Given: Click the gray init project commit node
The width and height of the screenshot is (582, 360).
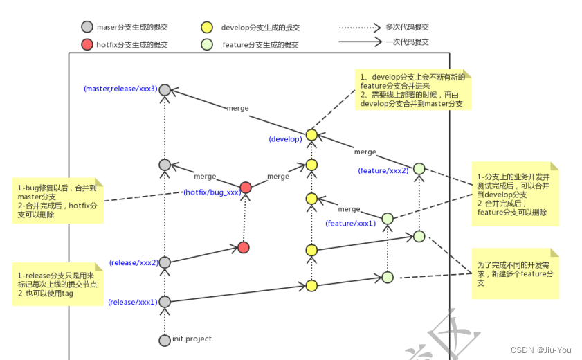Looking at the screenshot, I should tap(164, 340).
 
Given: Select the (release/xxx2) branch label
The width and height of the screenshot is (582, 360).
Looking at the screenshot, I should tap(134, 263).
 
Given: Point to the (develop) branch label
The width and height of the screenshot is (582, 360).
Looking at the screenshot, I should tap(286, 139).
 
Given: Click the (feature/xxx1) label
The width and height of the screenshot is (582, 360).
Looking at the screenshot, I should tap(350, 223).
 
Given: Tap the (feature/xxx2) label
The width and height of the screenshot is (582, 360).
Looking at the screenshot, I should tap(383, 170).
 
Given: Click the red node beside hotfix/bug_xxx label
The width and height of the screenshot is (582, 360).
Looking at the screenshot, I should tap(246, 188).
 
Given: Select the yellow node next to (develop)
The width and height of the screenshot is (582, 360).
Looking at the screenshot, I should tap(311, 134).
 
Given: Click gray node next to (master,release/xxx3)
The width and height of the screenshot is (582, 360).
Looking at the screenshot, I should tap(164, 90).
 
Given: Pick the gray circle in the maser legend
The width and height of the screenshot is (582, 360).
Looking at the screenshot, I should tap(87, 28).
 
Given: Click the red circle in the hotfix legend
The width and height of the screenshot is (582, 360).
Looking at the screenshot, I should tap(87, 45).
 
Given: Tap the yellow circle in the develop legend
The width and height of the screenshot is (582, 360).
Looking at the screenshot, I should tap(206, 28).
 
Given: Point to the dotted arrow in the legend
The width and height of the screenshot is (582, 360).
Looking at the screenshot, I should tap(360, 28).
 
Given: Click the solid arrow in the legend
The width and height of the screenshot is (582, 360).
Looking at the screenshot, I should tap(360, 42).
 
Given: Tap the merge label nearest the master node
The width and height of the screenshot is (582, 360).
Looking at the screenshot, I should tap(237, 108).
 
